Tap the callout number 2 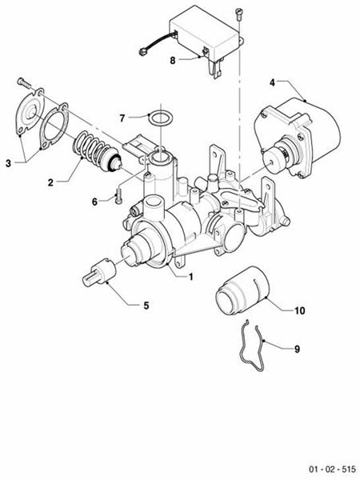point(50,182)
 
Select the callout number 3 point(9,163)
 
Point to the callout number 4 point(272,82)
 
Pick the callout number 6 point(94,202)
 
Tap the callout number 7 point(122,118)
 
